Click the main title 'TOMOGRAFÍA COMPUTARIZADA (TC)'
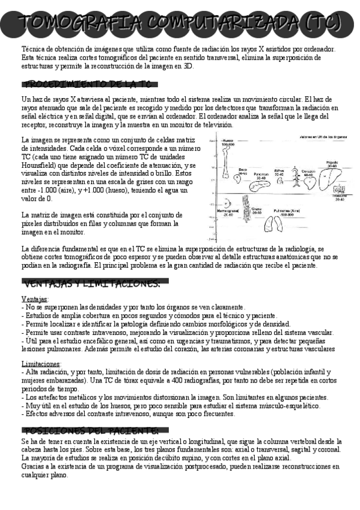click(x=180, y=23)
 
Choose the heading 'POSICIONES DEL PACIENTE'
click(x=90, y=431)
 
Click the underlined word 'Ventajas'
click(x=35, y=299)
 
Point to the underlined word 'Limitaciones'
click(x=41, y=364)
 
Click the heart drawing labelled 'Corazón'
click(x=308, y=180)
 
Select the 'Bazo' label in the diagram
click(x=243, y=170)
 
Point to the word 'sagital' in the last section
click(x=295, y=450)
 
